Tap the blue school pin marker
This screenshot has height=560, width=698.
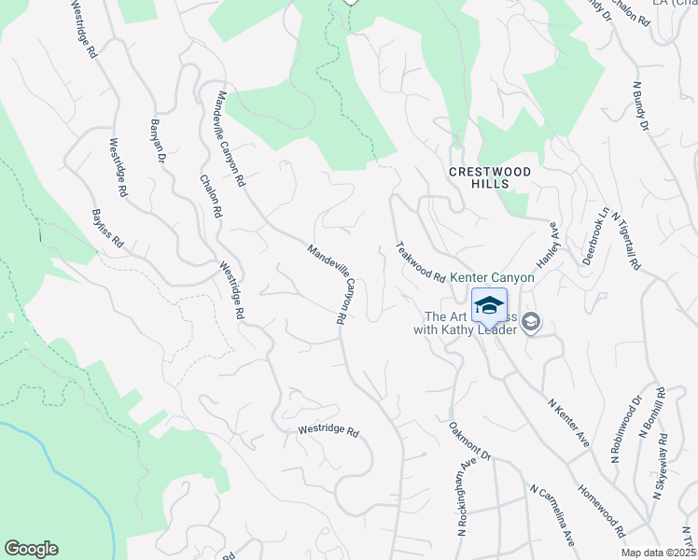tap(490, 306)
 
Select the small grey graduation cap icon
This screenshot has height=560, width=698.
tap(531, 323)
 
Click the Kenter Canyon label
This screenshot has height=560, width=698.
tap(493, 278)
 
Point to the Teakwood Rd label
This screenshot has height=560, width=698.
tap(420, 262)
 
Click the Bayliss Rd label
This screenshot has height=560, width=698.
tap(107, 228)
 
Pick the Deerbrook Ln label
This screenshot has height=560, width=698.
tap(595, 236)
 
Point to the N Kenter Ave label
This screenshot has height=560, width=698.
tap(568, 423)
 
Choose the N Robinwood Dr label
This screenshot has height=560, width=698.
tap(626, 428)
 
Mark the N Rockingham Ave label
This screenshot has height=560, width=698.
tap(461, 501)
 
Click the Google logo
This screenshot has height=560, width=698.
tap(31, 549)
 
